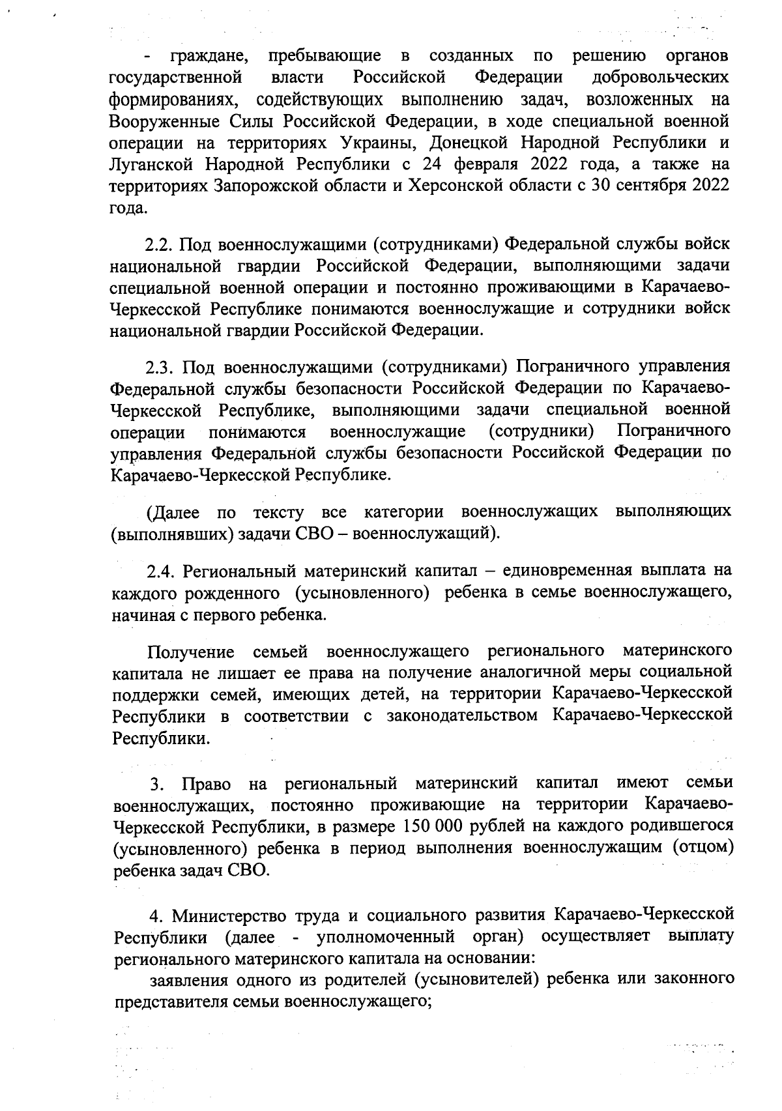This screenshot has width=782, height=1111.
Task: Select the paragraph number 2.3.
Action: point(160,367)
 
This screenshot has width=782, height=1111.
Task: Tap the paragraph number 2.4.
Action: point(160,571)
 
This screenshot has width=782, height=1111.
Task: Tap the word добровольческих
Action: point(660,78)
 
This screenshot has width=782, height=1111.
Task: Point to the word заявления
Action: point(188,979)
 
